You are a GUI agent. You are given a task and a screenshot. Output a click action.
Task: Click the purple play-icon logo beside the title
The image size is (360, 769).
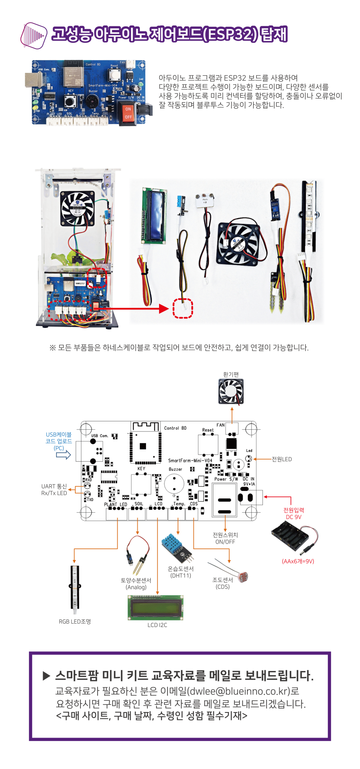pos(33,35)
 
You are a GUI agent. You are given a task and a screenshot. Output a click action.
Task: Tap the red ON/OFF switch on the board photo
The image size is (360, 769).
pos(128,113)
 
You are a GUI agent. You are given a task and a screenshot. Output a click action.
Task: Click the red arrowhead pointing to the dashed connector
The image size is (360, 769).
pos(164,309)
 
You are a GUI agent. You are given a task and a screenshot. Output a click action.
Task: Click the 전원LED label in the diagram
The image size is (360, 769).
pos(282,459)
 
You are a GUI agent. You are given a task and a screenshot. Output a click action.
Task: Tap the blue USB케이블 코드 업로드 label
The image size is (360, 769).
pos(59,441)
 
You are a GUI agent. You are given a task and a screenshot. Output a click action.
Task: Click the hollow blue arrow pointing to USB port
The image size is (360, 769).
pos(64,455)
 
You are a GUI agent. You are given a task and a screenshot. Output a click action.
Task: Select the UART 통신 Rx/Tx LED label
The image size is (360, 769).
pos(54,490)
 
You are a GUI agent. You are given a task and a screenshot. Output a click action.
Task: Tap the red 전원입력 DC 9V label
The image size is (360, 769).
pos(293,514)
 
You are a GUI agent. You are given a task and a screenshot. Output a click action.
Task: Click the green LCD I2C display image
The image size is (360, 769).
pos(156,608)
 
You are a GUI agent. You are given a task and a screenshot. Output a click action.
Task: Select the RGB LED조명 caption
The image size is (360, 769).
pos(75,622)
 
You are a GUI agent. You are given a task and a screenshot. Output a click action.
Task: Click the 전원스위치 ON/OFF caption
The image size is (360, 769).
pos(225,538)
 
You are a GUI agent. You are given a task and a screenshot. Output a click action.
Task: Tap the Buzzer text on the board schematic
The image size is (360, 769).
pos(175,470)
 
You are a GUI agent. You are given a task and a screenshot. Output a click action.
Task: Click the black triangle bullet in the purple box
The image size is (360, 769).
pos(46,676)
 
